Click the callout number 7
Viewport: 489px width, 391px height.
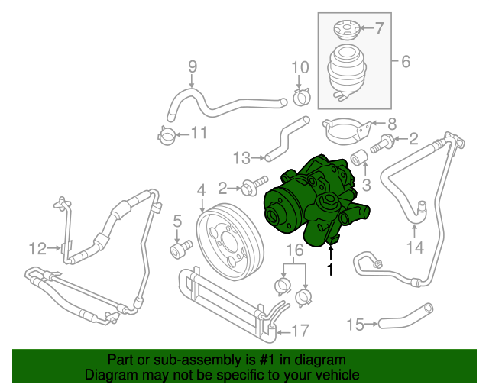pyautogui.click(x=380, y=29)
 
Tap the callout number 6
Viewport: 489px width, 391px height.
pyautogui.click(x=405, y=61)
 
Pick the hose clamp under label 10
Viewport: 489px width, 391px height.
pyautogui.click(x=300, y=96)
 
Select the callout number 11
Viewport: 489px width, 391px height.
pyautogui.click(x=199, y=134)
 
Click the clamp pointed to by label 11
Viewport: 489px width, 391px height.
pyautogui.click(x=166, y=137)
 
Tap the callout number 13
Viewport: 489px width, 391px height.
pyautogui.click(x=241, y=158)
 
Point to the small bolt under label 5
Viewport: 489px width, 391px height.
pyautogui.click(x=181, y=249)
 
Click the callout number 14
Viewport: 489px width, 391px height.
pyautogui.click(x=413, y=247)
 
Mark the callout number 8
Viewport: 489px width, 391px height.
pyautogui.click(x=392, y=123)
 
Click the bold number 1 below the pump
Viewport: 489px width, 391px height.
pyautogui.click(x=331, y=269)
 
